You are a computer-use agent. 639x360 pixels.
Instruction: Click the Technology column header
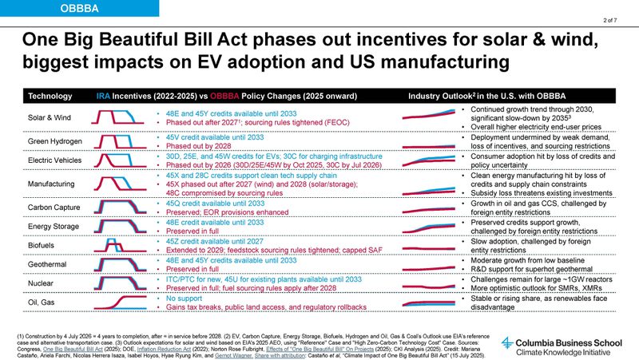click(x=50, y=96)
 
